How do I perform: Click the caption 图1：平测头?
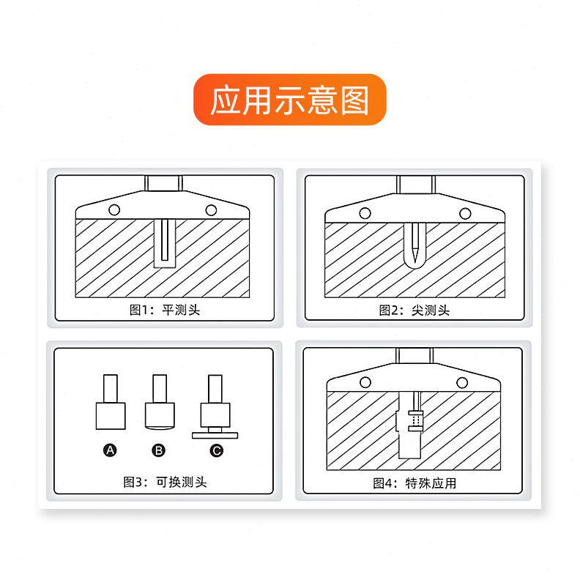pyautogui.click(x=165, y=310)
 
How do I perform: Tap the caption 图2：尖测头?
pyautogui.click(x=414, y=310)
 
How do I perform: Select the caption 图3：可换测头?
pyautogui.click(x=165, y=482)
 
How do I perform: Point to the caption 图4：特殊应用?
pyautogui.click(x=414, y=483)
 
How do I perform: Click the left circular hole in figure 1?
pyautogui.click(x=115, y=210)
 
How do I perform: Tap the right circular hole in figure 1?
pyautogui.click(x=211, y=210)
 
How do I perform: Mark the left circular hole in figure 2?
pyautogui.click(x=363, y=212)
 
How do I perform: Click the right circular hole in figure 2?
pyautogui.click(x=464, y=213)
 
